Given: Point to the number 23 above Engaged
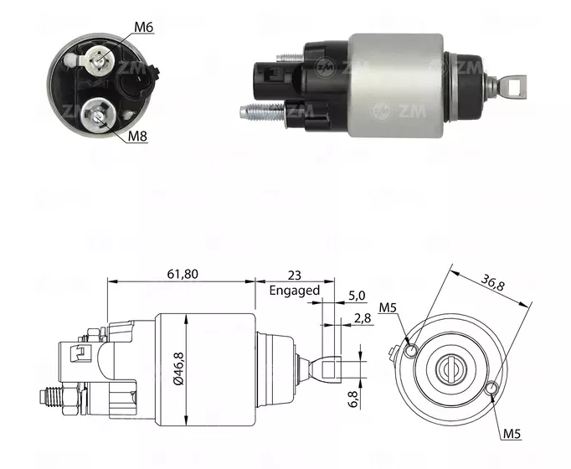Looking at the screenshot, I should tap(294, 274).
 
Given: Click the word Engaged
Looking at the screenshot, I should tap(294, 291).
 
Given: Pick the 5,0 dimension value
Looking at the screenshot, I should tap(356, 296).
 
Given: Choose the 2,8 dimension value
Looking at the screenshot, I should tap(362, 317).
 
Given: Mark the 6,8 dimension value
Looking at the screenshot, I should tap(354, 393).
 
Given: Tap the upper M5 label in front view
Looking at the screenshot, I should tap(388, 309).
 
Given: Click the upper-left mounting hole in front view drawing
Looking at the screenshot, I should tap(412, 348).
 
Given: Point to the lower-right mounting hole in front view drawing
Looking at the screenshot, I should tap(492, 388).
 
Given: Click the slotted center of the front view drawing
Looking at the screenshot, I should tap(452, 368).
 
